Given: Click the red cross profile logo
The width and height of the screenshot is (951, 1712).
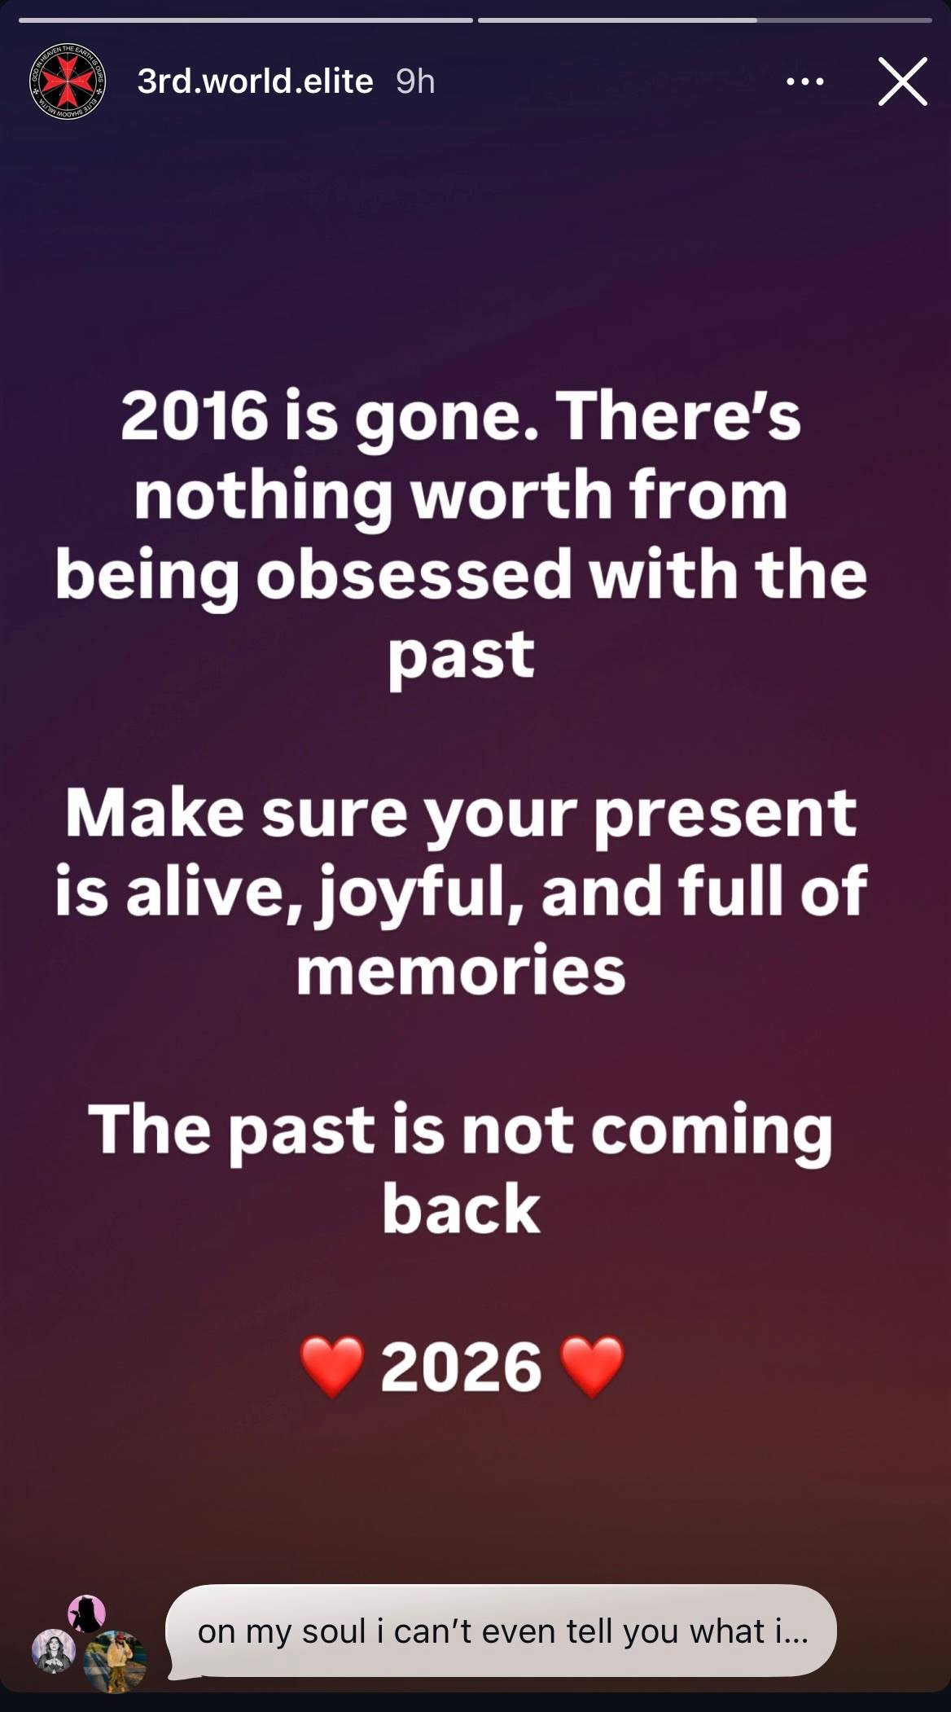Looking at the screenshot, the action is [x=68, y=81].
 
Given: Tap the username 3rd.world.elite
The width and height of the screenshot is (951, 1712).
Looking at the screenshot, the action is [x=255, y=81].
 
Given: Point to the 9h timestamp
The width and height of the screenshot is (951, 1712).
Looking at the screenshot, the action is [x=415, y=81].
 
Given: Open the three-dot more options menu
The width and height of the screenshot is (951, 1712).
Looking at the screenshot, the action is [x=805, y=81].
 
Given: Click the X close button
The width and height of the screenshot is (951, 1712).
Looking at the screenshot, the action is [x=903, y=81].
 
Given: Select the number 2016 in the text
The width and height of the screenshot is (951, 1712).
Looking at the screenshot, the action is [x=195, y=416].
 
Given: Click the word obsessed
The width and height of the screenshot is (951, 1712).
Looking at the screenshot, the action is [x=414, y=575].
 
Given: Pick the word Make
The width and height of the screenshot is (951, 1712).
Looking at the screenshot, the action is [x=155, y=813].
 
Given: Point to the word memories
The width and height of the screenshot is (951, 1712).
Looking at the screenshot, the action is [x=461, y=971].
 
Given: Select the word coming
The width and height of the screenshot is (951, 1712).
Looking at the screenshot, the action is [x=712, y=1132].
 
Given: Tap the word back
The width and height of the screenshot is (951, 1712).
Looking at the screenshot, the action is [x=461, y=1208].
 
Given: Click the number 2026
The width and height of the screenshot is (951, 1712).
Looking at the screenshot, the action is [x=461, y=1367].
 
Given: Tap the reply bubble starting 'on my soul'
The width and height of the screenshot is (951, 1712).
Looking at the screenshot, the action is [x=501, y=1631].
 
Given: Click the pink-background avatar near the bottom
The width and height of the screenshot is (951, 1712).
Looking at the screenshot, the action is [x=86, y=1613].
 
